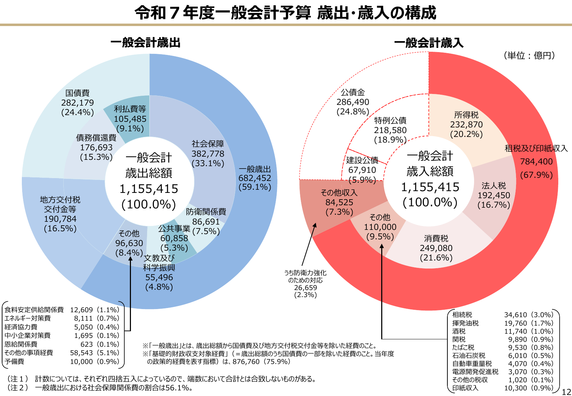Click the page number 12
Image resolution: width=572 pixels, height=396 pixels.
point(566,392)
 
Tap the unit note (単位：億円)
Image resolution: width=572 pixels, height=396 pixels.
point(529,55)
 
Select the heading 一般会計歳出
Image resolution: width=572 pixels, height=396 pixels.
point(145,43)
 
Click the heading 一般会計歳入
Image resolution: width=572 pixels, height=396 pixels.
point(429,43)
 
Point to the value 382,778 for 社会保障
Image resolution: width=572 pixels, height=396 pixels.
point(208,154)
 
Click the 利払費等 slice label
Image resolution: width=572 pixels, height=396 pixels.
point(130,109)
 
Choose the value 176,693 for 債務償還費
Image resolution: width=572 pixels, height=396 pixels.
point(96,147)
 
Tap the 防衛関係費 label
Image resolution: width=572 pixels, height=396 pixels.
point(206,212)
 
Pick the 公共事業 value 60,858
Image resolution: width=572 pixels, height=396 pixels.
point(174,238)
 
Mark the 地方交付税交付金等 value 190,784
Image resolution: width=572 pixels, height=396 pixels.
point(60,219)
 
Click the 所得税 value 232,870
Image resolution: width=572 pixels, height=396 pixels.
point(466,125)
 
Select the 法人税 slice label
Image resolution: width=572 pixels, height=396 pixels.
point(494,186)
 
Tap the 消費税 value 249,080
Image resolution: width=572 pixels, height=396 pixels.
point(436,248)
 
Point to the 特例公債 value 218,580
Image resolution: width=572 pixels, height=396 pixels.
point(390,130)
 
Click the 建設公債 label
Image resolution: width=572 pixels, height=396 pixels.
point(362,161)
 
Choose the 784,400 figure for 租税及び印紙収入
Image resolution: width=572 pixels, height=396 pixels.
point(536,162)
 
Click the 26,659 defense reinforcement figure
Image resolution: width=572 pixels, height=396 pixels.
point(306,288)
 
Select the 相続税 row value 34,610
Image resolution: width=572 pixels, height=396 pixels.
point(515,315)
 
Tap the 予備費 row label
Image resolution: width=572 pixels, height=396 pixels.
point(14,362)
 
